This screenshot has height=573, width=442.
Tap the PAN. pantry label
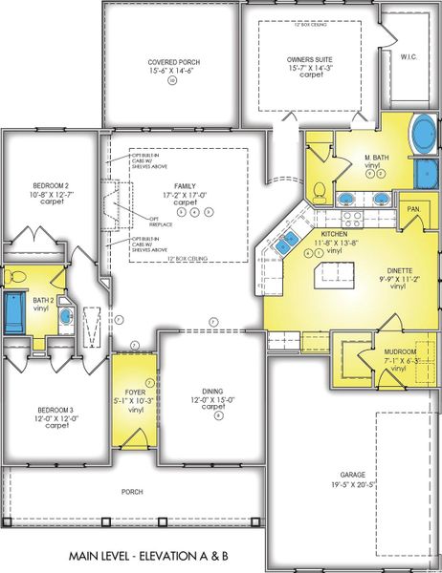click(414, 208)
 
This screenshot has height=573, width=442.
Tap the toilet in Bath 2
click(14, 277)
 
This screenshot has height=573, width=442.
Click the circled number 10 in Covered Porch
click(172, 81)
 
